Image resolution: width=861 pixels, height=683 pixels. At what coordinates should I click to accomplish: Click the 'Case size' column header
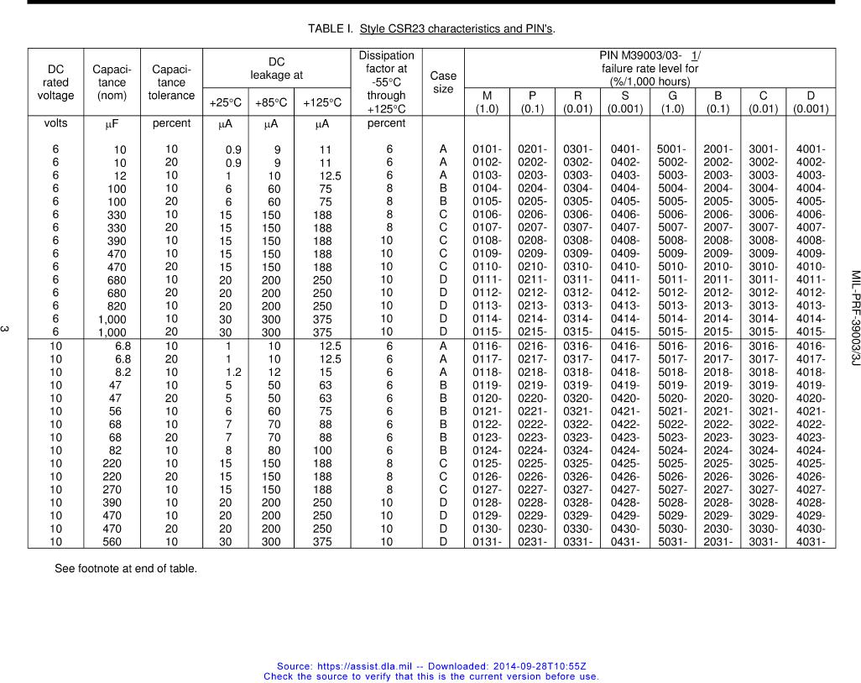[x=442, y=82]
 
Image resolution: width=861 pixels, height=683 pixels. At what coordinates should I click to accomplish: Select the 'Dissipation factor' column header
[x=386, y=82]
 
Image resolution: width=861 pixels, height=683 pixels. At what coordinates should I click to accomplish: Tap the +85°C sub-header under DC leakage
[x=271, y=102]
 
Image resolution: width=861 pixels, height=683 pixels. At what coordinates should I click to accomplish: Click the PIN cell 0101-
[x=488, y=149]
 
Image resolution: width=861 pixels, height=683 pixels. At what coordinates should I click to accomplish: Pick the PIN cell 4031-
[x=811, y=541]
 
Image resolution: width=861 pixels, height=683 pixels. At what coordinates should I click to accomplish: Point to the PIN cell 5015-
[x=673, y=332]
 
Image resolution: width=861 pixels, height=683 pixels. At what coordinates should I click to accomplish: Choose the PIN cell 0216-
[x=533, y=346]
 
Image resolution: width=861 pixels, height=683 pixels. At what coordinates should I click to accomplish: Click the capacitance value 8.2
[x=123, y=372]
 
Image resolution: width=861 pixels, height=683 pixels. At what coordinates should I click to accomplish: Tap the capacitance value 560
[x=112, y=541]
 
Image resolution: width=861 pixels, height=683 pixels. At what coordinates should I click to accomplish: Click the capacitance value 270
[x=112, y=489]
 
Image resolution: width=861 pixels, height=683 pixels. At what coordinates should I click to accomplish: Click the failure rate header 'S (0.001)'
[x=625, y=102]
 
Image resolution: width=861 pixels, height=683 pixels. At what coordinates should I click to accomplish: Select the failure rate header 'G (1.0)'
[x=672, y=102]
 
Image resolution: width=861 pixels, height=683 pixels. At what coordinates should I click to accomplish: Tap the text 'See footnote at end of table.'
[x=126, y=569]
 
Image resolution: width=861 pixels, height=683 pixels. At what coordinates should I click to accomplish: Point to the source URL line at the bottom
[x=431, y=665]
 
